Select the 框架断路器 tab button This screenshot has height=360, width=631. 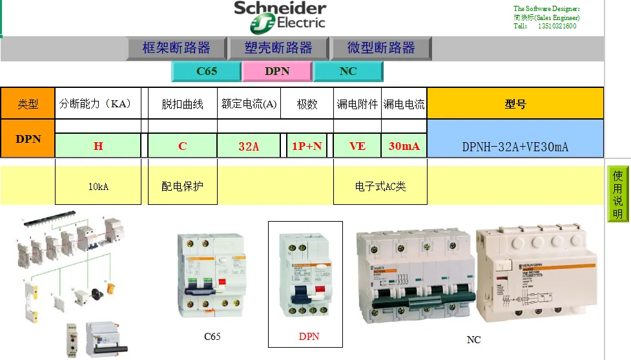(176, 48)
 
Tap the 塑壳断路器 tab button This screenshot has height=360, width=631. (278, 48)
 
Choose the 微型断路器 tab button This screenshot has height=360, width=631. (381, 48)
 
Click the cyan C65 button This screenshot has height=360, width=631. (207, 71)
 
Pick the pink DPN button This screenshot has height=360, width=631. (277, 71)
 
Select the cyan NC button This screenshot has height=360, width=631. (348, 71)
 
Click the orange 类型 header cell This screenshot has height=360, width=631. (28, 103)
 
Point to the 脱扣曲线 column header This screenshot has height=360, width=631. (182, 104)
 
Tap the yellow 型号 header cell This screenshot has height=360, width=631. (515, 103)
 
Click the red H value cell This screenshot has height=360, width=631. (98, 146)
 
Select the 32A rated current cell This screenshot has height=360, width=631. (249, 146)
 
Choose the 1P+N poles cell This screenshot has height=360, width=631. (307, 146)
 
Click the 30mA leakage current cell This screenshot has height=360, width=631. (404, 146)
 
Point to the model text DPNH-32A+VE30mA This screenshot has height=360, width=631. (515, 147)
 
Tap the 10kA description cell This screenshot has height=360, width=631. (98, 187)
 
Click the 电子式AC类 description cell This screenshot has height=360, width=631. (380, 187)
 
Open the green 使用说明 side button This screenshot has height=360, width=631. (618, 194)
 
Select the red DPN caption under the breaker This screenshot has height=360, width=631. (309, 337)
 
